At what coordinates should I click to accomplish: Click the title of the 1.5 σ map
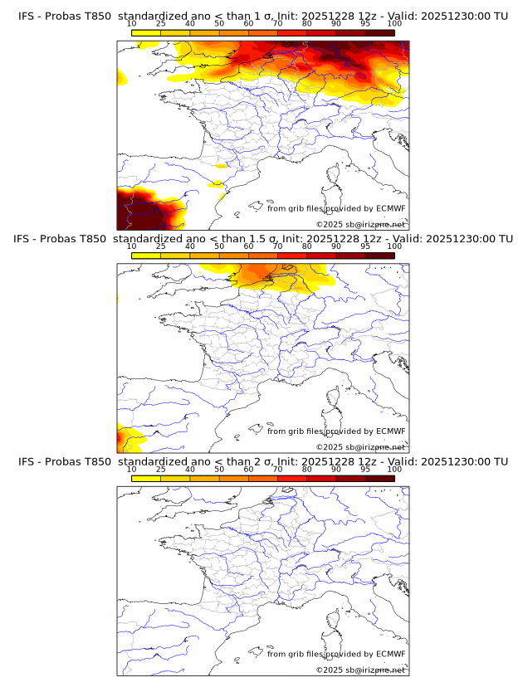click(x=261, y=239)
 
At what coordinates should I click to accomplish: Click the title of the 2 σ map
click(x=261, y=461)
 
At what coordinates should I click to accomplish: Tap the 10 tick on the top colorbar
click(x=132, y=24)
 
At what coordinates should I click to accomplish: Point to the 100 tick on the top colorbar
click(x=394, y=24)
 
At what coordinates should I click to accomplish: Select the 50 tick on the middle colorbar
click(x=219, y=246)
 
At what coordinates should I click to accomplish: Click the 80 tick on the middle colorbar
click(x=307, y=246)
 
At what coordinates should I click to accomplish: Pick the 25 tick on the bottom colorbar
click(x=161, y=470)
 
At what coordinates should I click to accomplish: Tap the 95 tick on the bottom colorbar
click(x=365, y=470)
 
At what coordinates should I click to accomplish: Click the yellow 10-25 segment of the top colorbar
click(x=146, y=33)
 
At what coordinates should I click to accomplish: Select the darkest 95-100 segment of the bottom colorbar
click(x=379, y=479)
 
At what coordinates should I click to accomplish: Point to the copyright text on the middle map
click(x=360, y=446)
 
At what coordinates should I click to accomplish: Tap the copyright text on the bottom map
click(x=360, y=670)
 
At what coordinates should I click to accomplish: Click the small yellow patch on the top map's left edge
click(x=122, y=79)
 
